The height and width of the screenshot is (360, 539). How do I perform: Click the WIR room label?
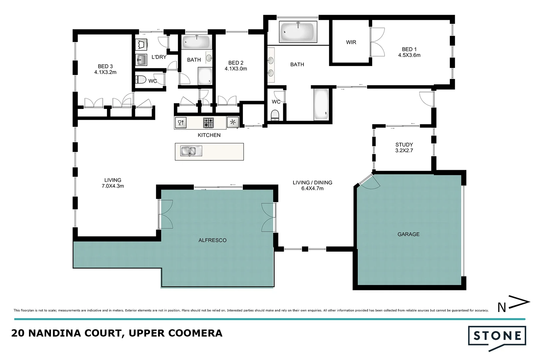(351, 42)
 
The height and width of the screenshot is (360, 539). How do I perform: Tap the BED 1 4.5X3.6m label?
(409, 52)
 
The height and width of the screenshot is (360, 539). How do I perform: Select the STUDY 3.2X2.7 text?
(404, 147)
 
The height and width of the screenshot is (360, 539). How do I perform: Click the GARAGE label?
(408, 234)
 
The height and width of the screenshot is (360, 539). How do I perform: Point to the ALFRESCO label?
(212, 240)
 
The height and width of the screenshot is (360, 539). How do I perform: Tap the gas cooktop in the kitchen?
(209, 123)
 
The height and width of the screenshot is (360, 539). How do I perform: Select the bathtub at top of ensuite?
(298, 32)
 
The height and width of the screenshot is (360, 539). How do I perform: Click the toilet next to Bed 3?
(141, 80)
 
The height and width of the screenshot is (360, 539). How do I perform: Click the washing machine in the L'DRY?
(141, 45)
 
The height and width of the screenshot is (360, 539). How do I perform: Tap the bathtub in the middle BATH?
(196, 42)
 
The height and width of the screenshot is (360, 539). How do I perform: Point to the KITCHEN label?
(209, 135)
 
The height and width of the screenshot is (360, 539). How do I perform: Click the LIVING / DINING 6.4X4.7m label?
(312, 185)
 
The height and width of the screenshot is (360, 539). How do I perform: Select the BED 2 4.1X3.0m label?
(236, 66)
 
